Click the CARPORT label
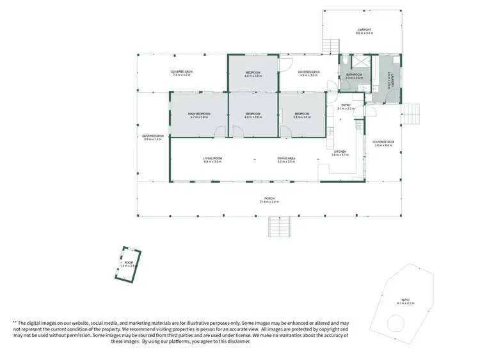(364, 30)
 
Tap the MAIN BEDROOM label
(200, 114)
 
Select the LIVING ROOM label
(212, 159)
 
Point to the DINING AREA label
(286, 159)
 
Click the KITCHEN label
(339, 152)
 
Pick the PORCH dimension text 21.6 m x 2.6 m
(269, 202)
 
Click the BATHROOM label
(355, 75)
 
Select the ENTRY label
(346, 106)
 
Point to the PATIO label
(405, 300)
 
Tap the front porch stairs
(282, 226)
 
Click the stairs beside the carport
(330, 46)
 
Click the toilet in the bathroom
(344, 61)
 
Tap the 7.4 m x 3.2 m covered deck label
(181, 73)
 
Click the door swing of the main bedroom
(220, 132)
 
